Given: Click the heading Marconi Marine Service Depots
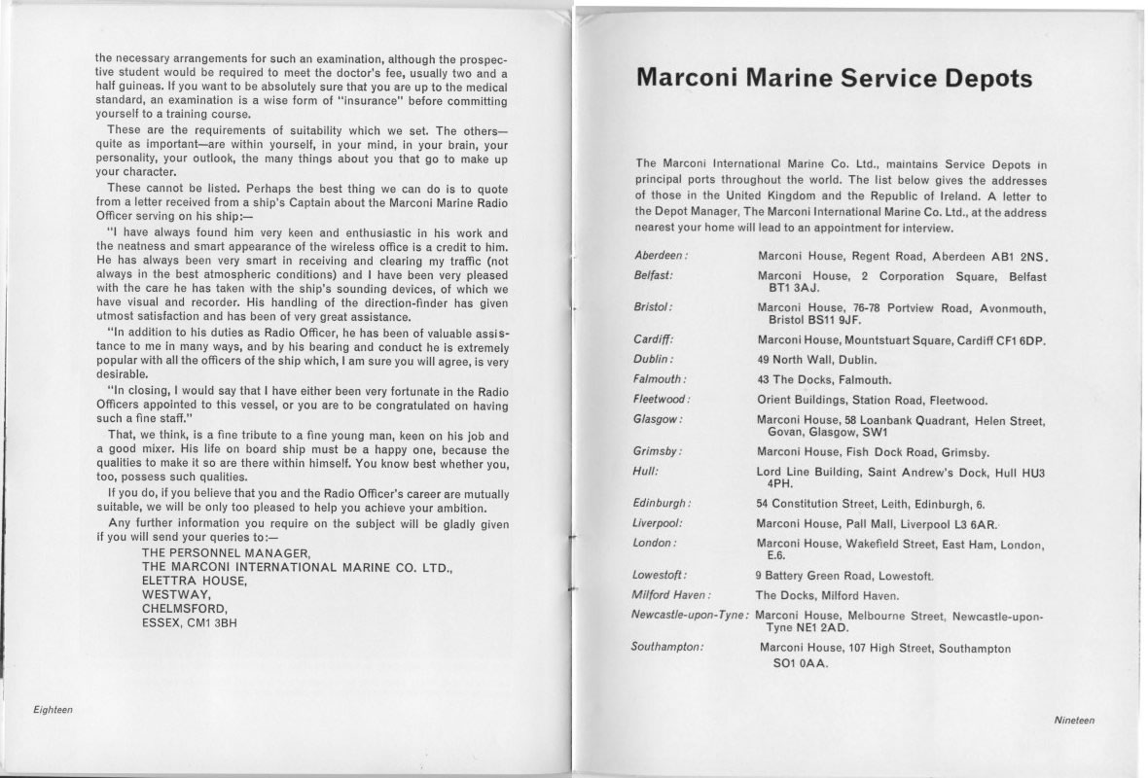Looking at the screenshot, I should pyautogui.click(x=834, y=78).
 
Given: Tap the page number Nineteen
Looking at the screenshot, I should pyautogui.click(x=1073, y=721).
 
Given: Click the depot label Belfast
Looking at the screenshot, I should pyautogui.click(x=654, y=275).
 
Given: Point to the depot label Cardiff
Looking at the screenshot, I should pyautogui.click(x=654, y=339).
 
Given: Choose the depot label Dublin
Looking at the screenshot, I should pyautogui.click(x=653, y=359).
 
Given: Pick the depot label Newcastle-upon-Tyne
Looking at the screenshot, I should pyautogui.click(x=689, y=616).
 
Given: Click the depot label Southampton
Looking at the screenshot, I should pyautogui.click(x=666, y=647).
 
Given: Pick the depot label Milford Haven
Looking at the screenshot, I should pyautogui.click(x=671, y=595).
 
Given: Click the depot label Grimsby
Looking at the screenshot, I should pyautogui.click(x=657, y=452).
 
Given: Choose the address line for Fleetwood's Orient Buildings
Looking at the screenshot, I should pyautogui.click(x=872, y=400).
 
